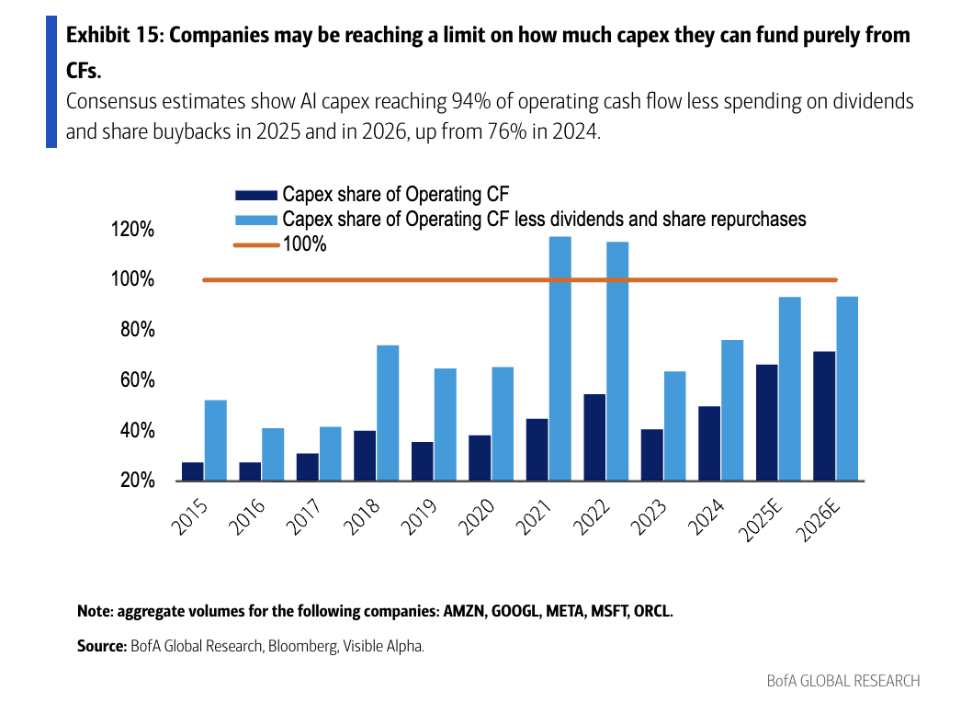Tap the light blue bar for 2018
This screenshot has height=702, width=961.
coord(388,413)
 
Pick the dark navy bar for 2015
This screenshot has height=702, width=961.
coord(193,470)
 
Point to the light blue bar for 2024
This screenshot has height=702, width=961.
coord(732,410)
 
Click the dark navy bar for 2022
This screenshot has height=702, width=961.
coord(594,436)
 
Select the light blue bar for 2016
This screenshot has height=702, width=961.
coord(273,454)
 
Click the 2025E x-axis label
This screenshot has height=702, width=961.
coord(765,521)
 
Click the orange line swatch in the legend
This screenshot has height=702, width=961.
coord(255,245)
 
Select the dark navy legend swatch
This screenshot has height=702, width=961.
coord(255,195)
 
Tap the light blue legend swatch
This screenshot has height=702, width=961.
coord(255,220)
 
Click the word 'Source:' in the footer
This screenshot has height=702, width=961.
coord(101,646)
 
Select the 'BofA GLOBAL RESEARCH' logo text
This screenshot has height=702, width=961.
coord(843,681)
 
